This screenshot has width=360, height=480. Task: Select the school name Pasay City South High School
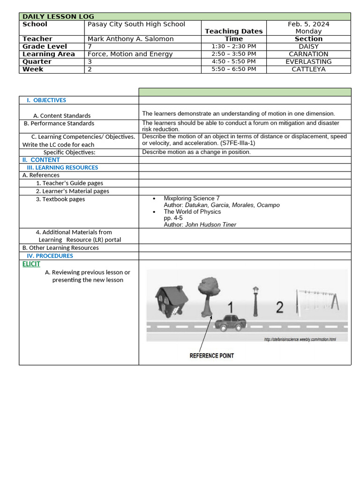point(136,24)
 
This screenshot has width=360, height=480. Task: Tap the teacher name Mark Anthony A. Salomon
point(130,39)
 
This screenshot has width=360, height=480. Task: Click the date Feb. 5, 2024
point(308,24)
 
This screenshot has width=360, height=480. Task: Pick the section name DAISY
point(308,46)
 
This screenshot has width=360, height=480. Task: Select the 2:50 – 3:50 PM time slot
point(233,54)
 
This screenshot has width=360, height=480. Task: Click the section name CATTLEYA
point(308,69)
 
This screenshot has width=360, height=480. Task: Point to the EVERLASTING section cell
point(308,61)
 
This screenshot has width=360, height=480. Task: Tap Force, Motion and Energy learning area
point(130,54)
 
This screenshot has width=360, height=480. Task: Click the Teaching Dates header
point(233,31)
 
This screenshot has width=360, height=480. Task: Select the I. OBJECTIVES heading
point(46,100)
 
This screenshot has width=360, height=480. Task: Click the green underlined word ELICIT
point(31,264)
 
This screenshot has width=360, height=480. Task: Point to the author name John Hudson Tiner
point(210,225)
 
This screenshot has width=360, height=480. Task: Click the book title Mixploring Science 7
point(191,198)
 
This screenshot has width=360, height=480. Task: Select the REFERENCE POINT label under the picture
point(211,356)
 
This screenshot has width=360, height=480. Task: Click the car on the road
point(230,322)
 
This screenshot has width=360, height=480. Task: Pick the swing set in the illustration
point(316,300)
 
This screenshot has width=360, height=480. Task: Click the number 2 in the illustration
point(279,307)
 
